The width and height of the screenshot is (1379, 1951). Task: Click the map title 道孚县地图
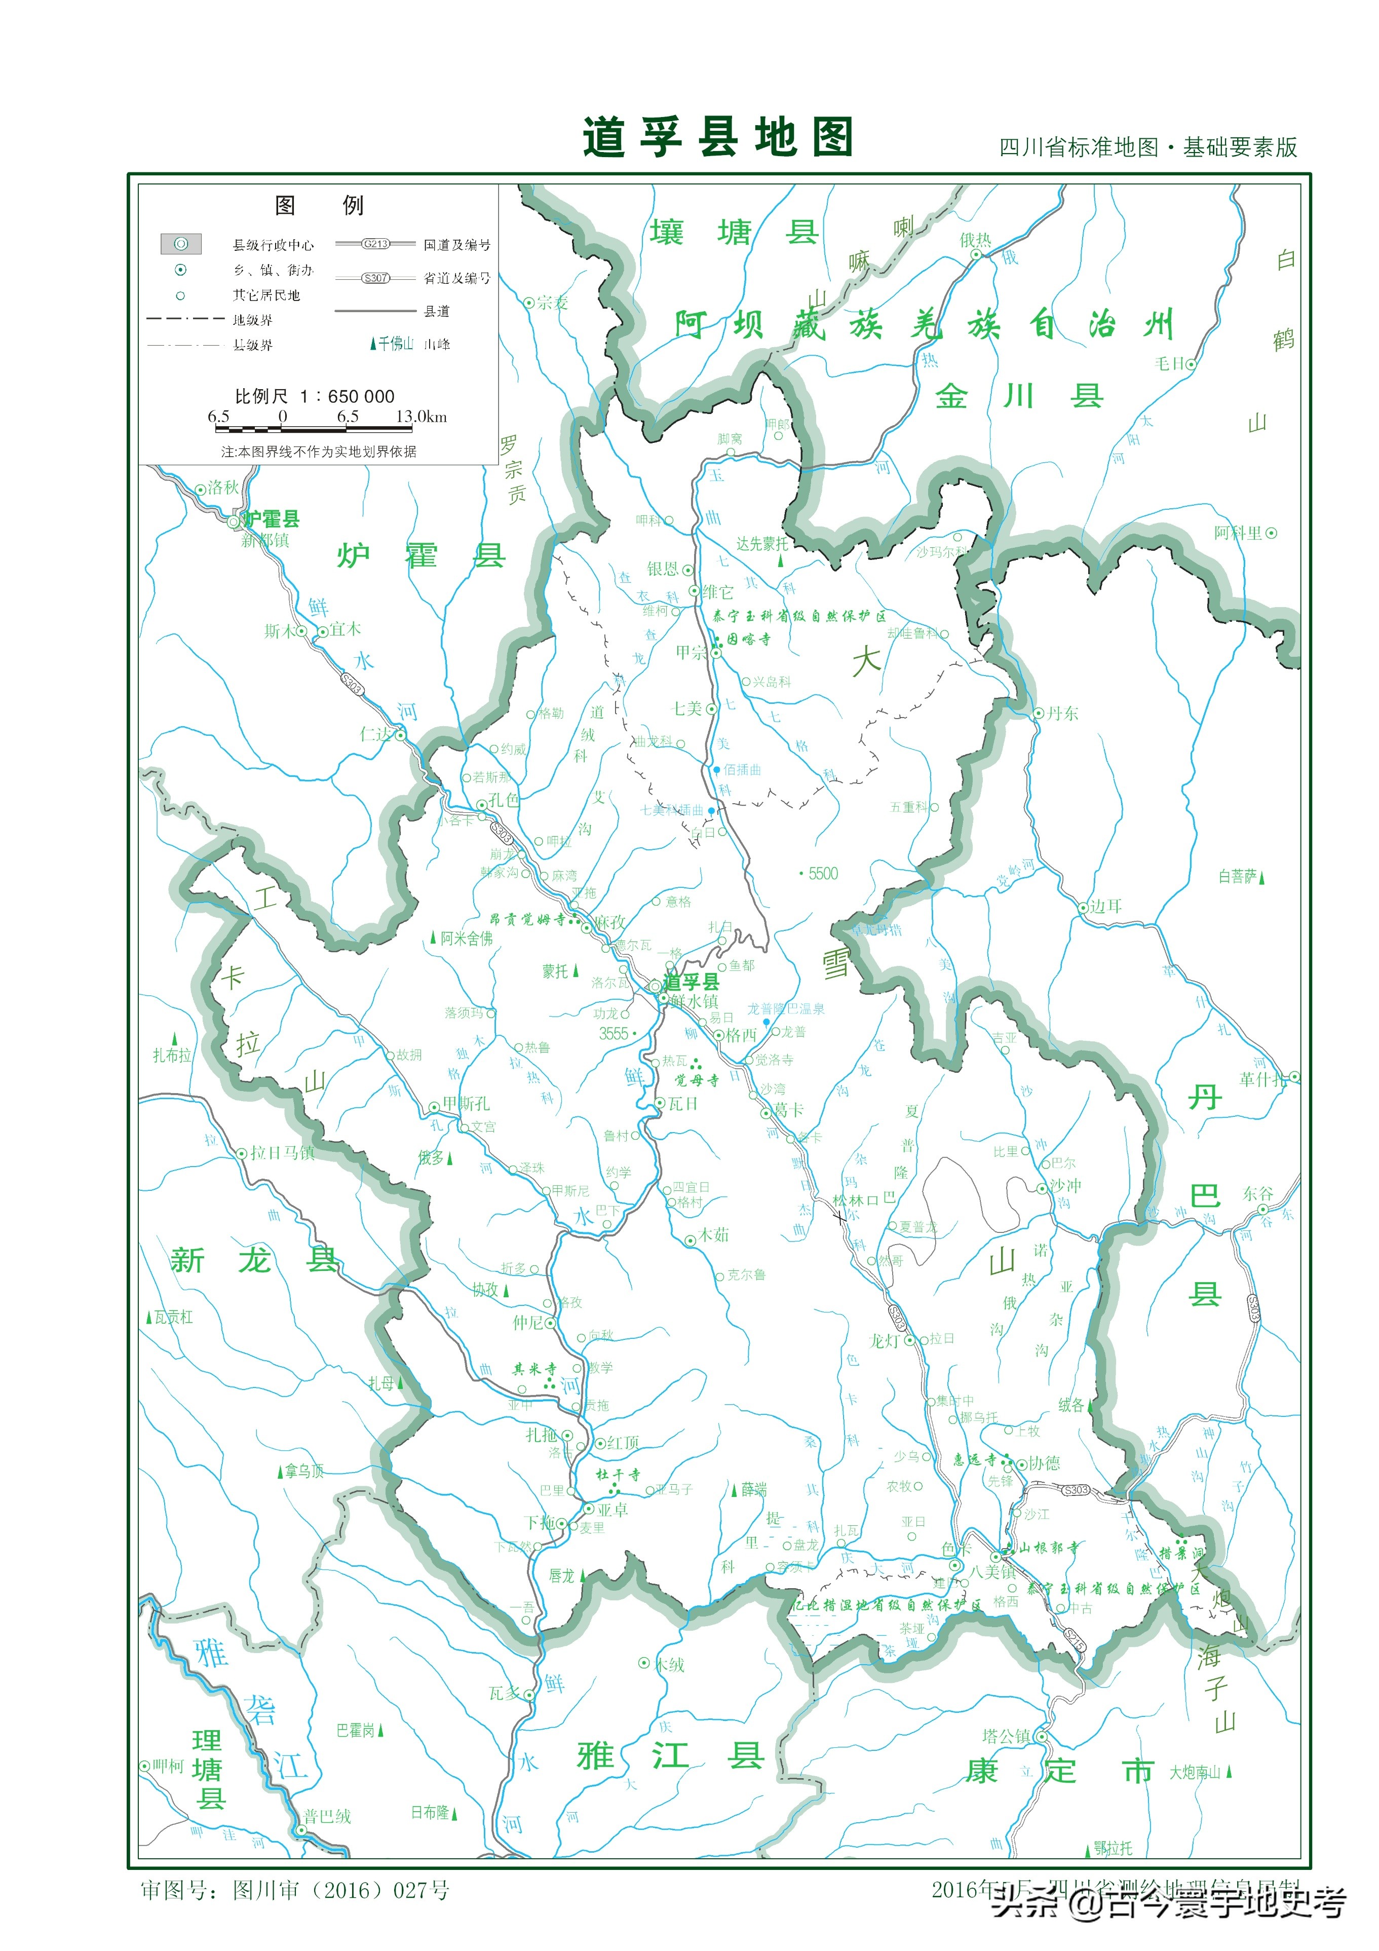717,138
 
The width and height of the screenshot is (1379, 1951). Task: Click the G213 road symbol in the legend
375,244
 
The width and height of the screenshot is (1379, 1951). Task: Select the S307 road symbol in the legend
375,278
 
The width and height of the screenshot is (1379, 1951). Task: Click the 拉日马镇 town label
282,1152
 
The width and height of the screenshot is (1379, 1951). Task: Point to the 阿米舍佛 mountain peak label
466,938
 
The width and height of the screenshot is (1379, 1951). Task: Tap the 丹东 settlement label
1061,713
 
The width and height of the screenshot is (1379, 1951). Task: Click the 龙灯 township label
884,1340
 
